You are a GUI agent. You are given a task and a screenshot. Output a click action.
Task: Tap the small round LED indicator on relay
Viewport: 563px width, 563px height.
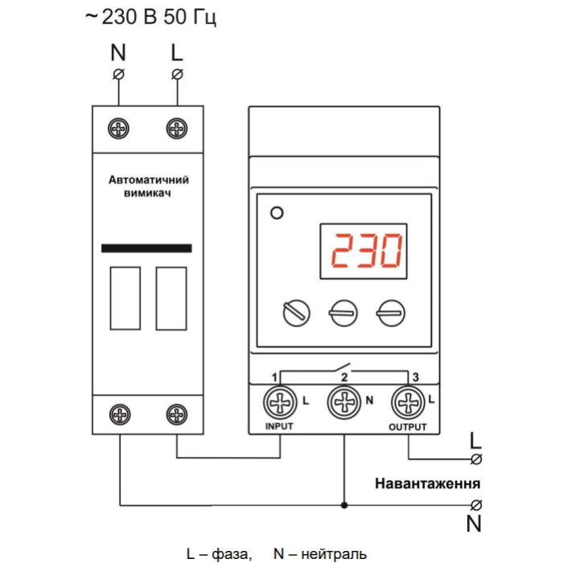(x=277, y=214)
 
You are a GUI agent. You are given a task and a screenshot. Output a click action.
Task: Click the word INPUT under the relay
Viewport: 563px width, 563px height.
(x=279, y=427)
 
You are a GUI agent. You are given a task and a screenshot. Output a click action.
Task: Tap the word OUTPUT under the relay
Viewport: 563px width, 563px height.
(x=407, y=427)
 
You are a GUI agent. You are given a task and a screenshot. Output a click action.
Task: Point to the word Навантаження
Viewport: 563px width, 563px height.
(x=428, y=484)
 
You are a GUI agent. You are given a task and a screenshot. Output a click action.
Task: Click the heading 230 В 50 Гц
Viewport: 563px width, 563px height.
(x=150, y=18)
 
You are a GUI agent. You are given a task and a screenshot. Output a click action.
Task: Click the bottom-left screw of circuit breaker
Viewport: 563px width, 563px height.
(x=120, y=415)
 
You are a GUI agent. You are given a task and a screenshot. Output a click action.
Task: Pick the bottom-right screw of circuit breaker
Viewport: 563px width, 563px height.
(x=176, y=415)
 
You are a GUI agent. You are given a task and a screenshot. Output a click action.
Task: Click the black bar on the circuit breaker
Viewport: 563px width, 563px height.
(x=147, y=249)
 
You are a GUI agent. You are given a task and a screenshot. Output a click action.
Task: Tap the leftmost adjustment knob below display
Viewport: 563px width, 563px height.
(x=296, y=313)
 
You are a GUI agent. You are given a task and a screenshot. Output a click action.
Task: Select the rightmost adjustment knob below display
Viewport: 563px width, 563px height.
(x=391, y=313)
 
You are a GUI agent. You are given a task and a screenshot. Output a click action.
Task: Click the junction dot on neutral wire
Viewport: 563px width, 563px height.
(x=344, y=505)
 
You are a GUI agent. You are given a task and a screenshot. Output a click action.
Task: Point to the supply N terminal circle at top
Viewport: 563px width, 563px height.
(x=120, y=75)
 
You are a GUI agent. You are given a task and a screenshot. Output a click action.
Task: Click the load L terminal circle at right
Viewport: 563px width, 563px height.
(x=475, y=458)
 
